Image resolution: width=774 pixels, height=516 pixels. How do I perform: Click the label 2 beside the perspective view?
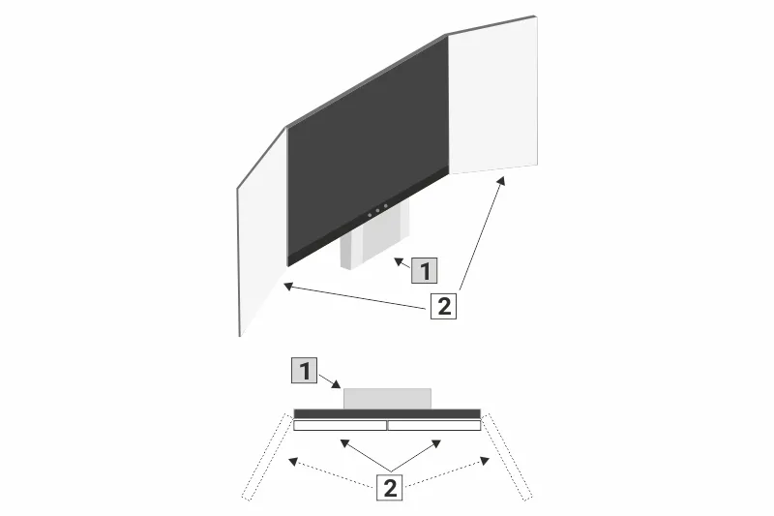443,307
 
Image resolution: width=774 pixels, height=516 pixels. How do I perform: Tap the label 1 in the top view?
305,370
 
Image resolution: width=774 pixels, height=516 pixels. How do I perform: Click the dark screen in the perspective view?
368,145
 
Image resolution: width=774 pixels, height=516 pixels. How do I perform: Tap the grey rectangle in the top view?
387,398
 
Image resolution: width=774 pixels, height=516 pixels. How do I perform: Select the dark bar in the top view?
387,413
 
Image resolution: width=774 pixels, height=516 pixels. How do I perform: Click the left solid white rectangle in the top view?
340,425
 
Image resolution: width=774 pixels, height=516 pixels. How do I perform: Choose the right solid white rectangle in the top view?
433,425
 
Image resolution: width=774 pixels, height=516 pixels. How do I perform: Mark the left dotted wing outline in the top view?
268,456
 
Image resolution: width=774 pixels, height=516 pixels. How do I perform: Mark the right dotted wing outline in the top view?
509,456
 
